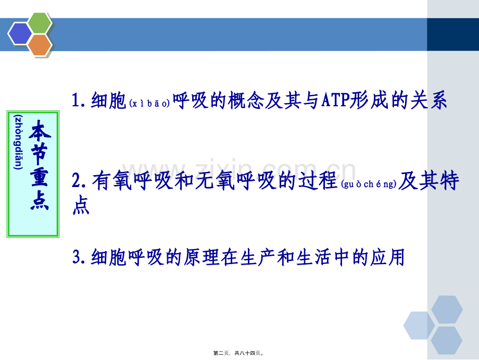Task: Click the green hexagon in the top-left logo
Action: pyautogui.click(x=40, y=23)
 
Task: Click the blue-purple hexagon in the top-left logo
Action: pyautogui.click(x=20, y=34)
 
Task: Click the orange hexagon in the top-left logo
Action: pyautogui.click(x=40, y=45)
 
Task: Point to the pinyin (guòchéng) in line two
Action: pyautogui.click(x=370, y=184)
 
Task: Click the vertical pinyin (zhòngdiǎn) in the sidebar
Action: pyautogui.click(x=19, y=142)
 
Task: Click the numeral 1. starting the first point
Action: pyautogui.click(x=81, y=101)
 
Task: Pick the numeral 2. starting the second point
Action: pyautogui.click(x=81, y=181)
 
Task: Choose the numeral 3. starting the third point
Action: pyautogui.click(x=81, y=256)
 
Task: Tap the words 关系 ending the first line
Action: pyautogui.click(x=432, y=101)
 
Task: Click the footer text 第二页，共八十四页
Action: pyautogui.click(x=239, y=353)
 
